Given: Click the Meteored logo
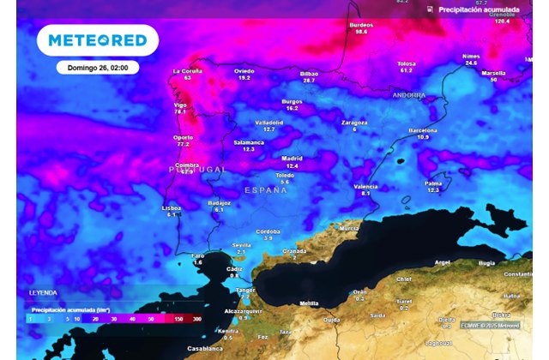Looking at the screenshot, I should coord(97,40).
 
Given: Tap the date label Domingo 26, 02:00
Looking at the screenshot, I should coord(97,67).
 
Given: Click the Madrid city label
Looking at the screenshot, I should coord(293,159).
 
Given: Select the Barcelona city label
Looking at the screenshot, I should coord(423,130).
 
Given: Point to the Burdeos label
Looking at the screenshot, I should coord(362,25).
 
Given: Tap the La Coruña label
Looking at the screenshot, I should coord(187,71).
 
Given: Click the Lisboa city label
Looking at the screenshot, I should coord(172,207).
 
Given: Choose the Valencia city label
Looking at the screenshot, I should coord(365,186).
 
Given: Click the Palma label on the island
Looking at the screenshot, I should coord(433,183).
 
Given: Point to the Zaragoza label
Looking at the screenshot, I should coord(354,123).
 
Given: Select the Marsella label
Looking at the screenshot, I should coord(493,73).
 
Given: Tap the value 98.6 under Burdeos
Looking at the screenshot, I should coord(362,32).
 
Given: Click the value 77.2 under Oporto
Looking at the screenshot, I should coord(183,144).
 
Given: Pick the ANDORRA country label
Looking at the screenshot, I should coord(408,95).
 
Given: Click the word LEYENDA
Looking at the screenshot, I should coord(43,293).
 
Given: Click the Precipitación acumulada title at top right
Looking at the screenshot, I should coord(479,9).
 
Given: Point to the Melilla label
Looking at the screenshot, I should coord(309,303).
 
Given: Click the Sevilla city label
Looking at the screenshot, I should coord(241,245).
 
